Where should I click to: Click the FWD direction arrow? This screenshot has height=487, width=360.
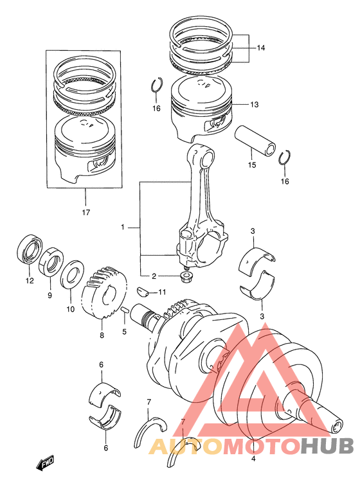tap(45, 463)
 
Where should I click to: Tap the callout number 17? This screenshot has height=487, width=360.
tap(86, 213)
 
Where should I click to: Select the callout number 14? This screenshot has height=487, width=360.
tap(260, 48)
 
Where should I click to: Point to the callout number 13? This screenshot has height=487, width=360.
tap(255, 105)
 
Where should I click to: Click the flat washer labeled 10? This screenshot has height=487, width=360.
tap(72, 274)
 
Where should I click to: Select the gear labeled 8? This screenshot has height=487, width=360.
tap(104, 292)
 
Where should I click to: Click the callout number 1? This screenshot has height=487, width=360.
tap(123, 227)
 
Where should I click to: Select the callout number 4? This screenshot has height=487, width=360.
tap(253, 459)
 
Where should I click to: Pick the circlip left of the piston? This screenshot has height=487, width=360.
tap(156, 84)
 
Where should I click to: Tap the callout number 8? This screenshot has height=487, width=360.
tap(102, 336)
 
